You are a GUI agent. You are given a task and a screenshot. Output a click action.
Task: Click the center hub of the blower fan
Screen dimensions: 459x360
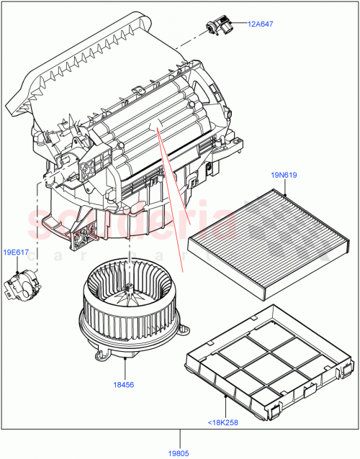(131, 291)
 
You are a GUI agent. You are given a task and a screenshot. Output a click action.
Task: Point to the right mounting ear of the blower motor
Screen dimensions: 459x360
(183, 331)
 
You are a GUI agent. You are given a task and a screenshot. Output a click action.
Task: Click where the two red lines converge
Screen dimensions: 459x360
(156, 128)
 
